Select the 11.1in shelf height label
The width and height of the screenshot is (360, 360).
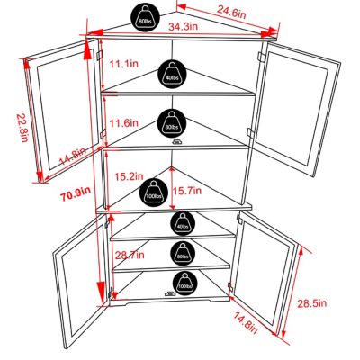pyautogui.click(x=121, y=65)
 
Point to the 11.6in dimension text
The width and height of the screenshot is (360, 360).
pyautogui.click(x=121, y=122)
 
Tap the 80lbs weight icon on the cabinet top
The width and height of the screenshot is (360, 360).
pyautogui.click(x=144, y=16)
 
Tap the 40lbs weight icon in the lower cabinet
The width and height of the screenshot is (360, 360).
pyautogui.click(x=183, y=222)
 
